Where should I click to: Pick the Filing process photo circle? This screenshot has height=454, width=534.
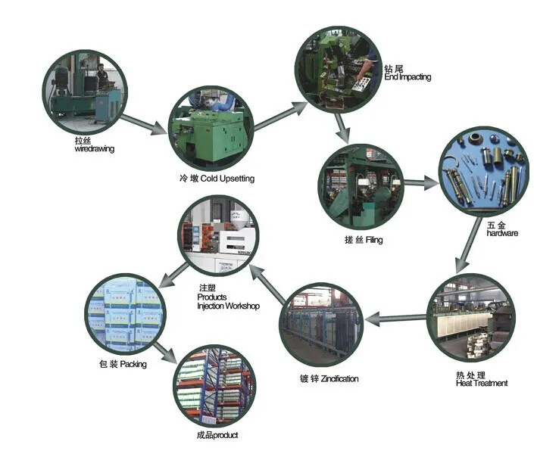[x=358, y=185]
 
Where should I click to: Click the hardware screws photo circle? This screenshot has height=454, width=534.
[x=483, y=173]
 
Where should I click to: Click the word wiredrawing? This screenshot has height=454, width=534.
[x=94, y=149]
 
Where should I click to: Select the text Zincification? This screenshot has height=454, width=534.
[x=339, y=378]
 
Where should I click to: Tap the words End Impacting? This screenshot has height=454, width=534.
[x=408, y=76]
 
